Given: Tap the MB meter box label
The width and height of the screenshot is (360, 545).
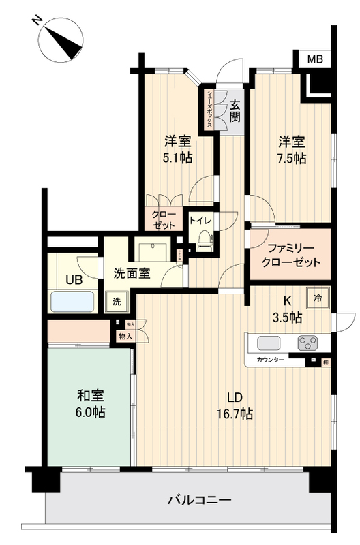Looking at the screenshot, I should point(314,59).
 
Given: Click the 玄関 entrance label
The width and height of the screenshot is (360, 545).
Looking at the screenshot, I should point(235,110).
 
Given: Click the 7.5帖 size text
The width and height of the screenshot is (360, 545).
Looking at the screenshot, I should point(291,158).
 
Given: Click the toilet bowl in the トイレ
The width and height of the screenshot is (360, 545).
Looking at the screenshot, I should point(205,239).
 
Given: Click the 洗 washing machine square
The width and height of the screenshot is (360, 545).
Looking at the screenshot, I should point(117,300).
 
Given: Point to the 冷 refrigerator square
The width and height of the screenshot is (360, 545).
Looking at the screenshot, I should point(319,296).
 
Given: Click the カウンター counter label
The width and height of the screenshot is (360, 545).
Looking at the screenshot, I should point(271,359).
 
